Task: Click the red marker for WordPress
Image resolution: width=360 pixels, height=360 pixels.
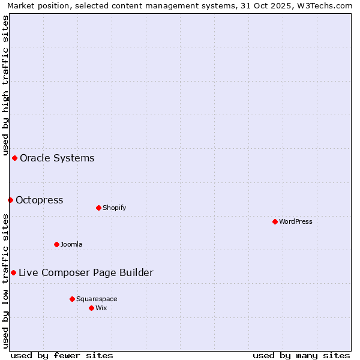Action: [x=275, y=221]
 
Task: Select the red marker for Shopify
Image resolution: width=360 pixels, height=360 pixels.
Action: [x=98, y=208]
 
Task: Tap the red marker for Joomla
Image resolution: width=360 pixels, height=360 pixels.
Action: [x=56, y=244]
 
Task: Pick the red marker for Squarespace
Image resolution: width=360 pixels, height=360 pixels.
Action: [x=72, y=299]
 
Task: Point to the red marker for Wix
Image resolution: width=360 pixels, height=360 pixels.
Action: [x=91, y=308]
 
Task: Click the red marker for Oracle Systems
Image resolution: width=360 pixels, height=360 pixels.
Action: [x=14, y=158]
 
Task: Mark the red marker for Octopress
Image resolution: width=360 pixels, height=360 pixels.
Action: [x=10, y=200]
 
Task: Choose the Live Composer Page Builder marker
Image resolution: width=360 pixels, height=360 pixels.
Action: [x=13, y=272]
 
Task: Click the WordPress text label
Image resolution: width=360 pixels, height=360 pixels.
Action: [x=296, y=221]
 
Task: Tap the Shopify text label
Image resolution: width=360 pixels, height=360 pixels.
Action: [x=114, y=208]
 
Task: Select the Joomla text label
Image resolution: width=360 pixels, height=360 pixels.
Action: [x=71, y=244]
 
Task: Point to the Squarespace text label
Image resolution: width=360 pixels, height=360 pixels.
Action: [x=97, y=299]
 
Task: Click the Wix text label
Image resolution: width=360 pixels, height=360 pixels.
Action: [x=101, y=308]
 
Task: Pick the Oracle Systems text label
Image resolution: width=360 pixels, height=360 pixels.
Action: [x=57, y=158]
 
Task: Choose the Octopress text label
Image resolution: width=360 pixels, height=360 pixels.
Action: [x=40, y=200]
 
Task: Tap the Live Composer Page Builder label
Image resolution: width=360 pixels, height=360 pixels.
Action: [x=86, y=273]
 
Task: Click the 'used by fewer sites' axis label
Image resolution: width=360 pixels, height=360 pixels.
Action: [x=62, y=355]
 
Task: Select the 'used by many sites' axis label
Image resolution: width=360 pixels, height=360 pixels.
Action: [x=301, y=355]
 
